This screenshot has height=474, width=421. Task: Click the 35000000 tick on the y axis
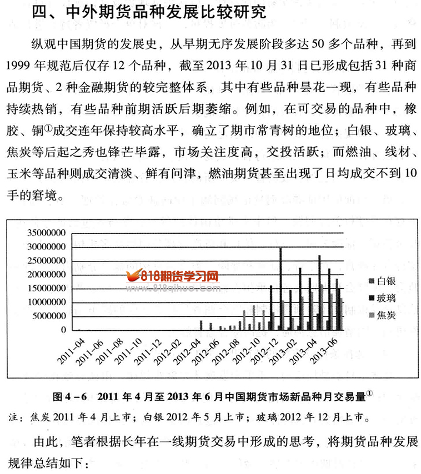pos(47,233)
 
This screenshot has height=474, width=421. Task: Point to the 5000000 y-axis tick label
pos(49,316)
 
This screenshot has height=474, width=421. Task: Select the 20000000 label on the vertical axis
pos(47,275)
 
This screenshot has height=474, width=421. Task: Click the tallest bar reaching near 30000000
pos(280,289)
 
